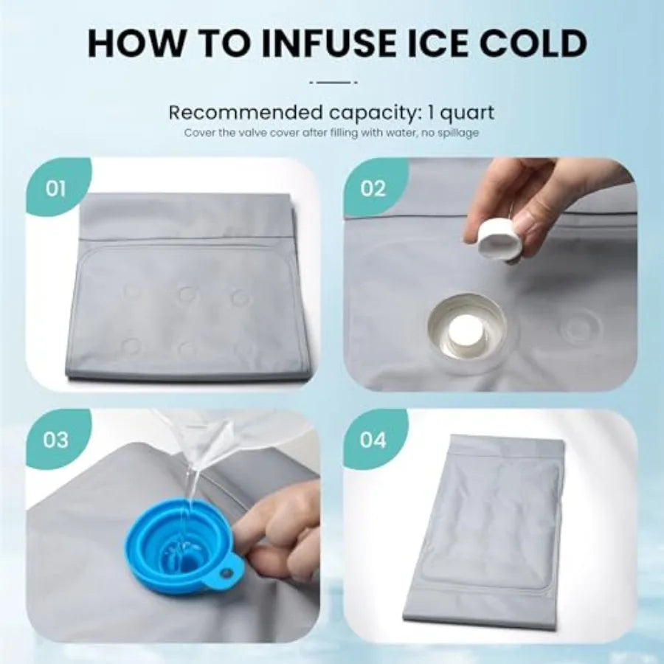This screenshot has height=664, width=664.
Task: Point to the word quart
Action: pos(467,113)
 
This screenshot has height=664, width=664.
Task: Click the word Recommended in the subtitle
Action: pos(244,113)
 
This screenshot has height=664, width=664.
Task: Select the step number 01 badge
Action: pos(55,188)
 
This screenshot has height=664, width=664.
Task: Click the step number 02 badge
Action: pos(373,188)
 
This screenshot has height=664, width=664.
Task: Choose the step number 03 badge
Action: pos(55,440)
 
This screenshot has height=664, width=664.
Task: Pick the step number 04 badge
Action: pos(373,440)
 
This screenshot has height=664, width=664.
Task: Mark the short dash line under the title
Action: pos(333,82)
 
